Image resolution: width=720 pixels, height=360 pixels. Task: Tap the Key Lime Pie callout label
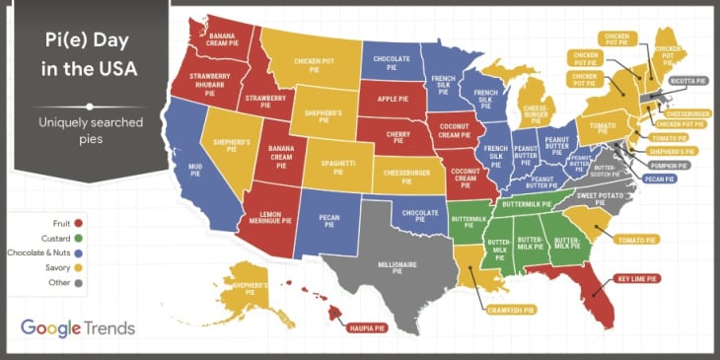pos(638,279)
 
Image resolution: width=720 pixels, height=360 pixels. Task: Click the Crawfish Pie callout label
pos(511,310)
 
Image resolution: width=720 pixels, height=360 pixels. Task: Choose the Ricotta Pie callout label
pos(687,81)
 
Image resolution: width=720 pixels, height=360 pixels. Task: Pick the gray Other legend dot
pos(77,281)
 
